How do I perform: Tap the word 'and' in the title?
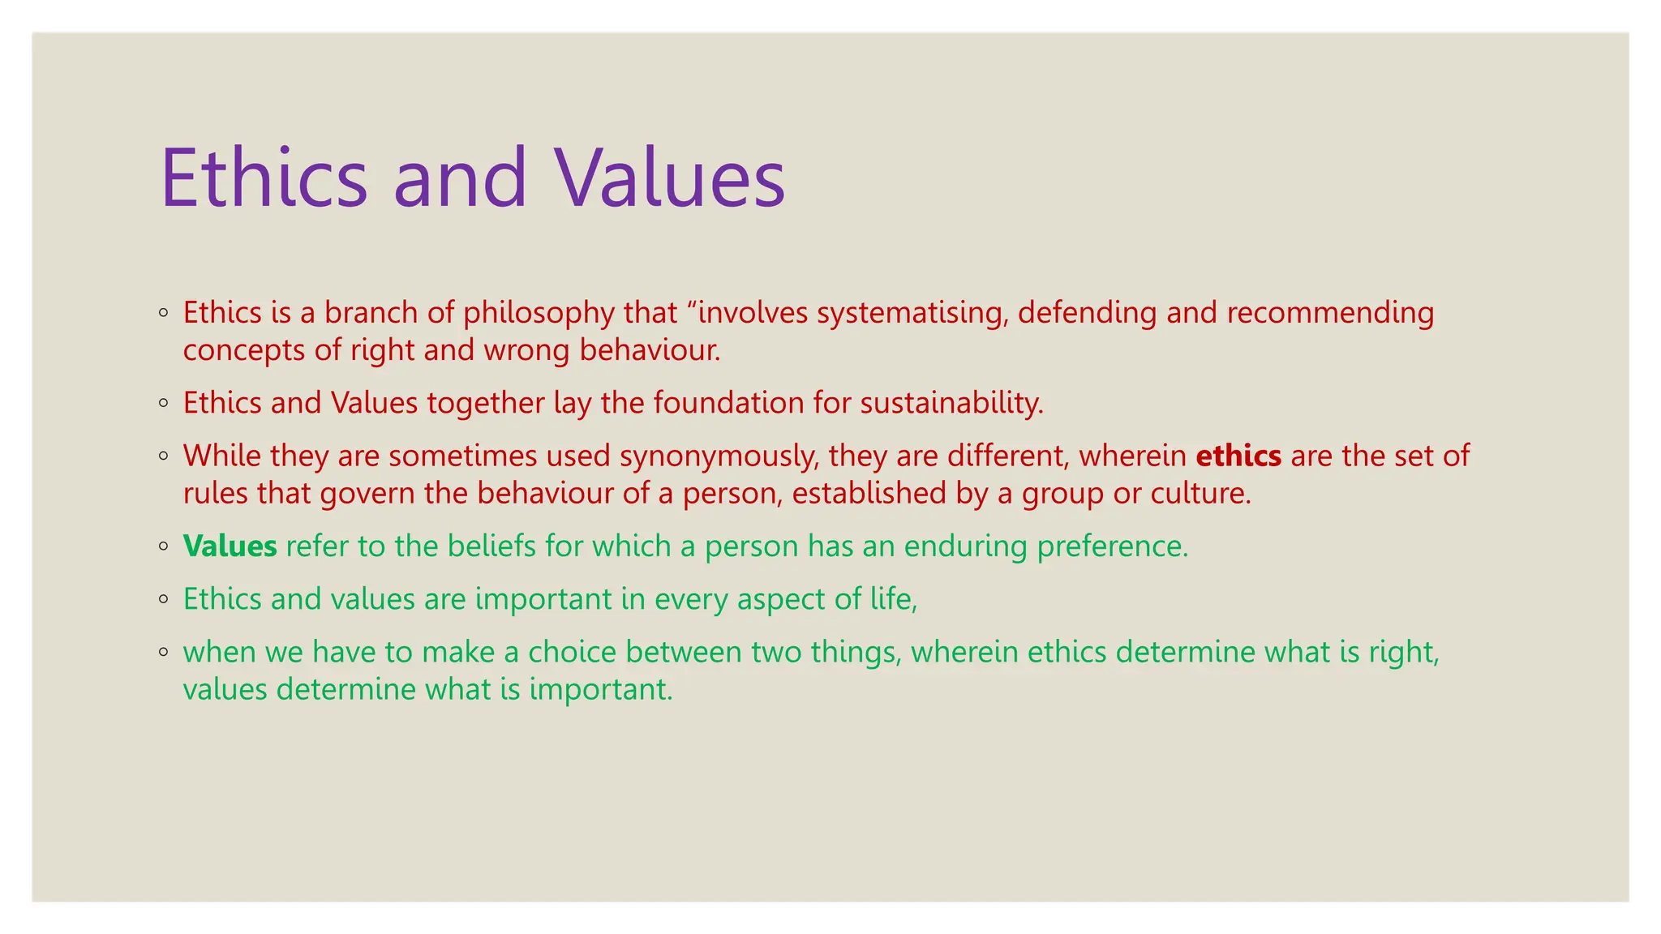pyautogui.click(x=460, y=178)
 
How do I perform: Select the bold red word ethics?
pyautogui.click(x=1238, y=456)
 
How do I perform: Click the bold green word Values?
pyautogui.click(x=230, y=546)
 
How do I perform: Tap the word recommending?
pyautogui.click(x=1330, y=313)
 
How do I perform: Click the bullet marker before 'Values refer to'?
pyautogui.click(x=164, y=546)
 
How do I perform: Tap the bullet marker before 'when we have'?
pyautogui.click(x=164, y=652)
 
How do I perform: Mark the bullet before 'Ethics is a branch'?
pyautogui.click(x=164, y=313)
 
